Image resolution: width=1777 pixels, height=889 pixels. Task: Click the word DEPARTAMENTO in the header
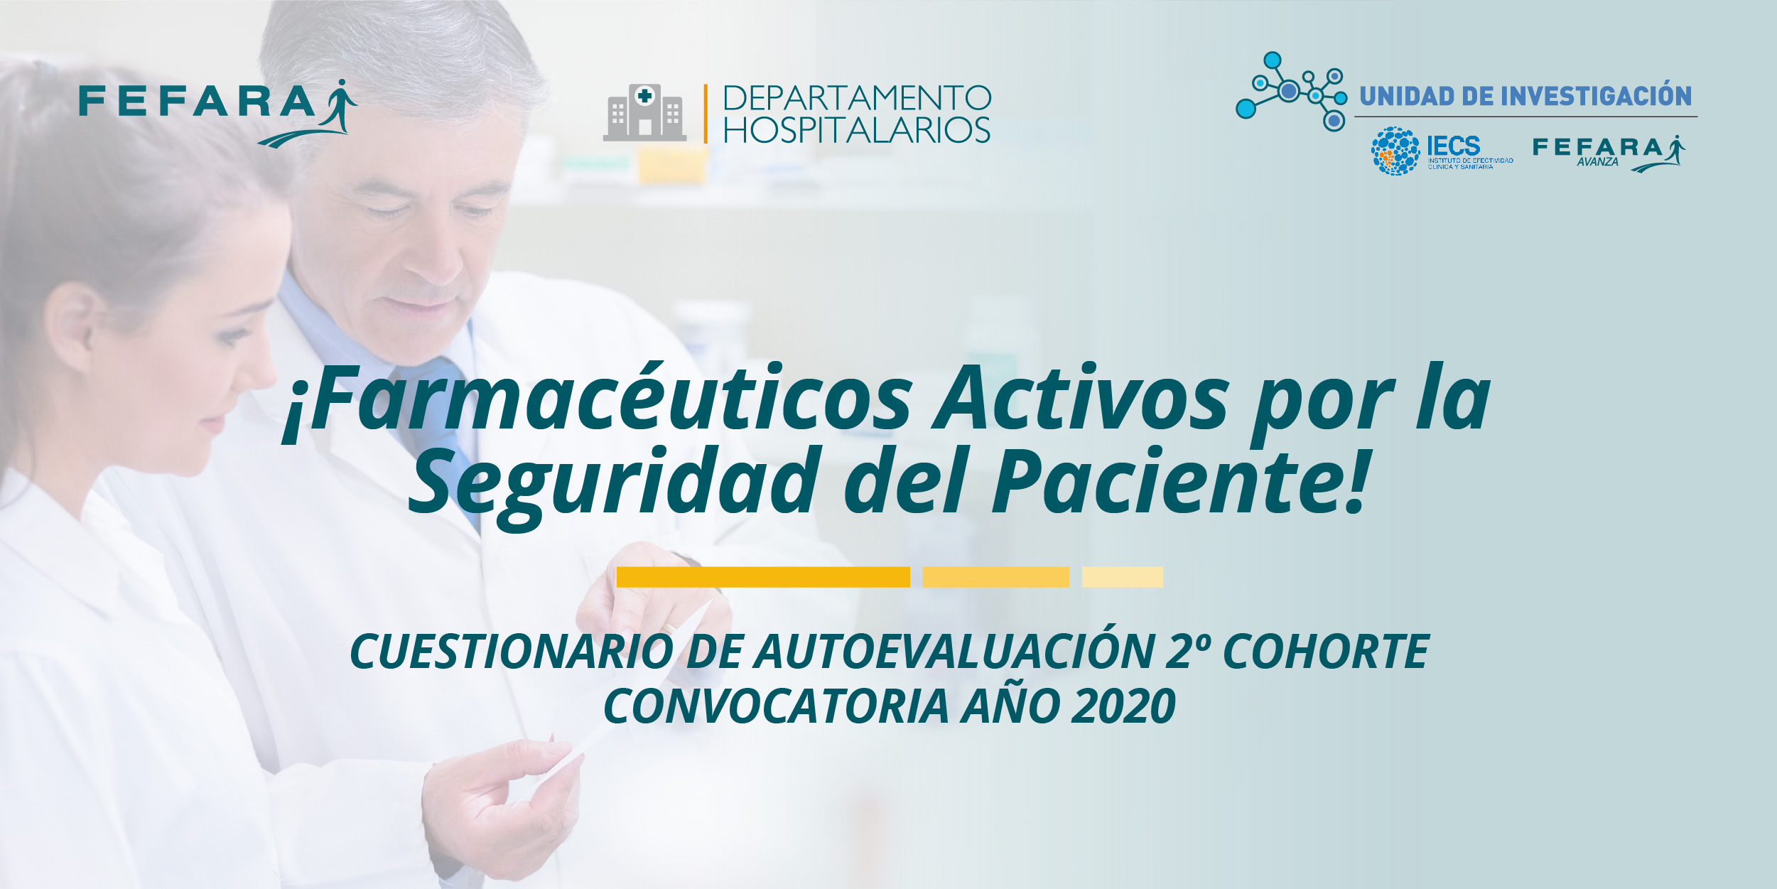pos(857,98)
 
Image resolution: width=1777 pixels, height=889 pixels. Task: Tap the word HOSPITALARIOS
pos(857,130)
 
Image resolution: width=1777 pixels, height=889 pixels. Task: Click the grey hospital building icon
pos(644,112)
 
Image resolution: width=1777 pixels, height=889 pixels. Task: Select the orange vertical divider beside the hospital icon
pos(706,114)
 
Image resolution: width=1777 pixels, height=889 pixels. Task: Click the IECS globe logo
pos(1395,151)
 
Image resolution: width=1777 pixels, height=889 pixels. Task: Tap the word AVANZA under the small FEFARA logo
pos(1597,162)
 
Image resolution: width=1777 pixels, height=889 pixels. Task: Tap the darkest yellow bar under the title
pos(763,577)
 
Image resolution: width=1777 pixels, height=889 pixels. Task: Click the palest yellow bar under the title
pos(1123,577)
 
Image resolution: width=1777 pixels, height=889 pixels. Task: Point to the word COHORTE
pos(1327,652)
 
